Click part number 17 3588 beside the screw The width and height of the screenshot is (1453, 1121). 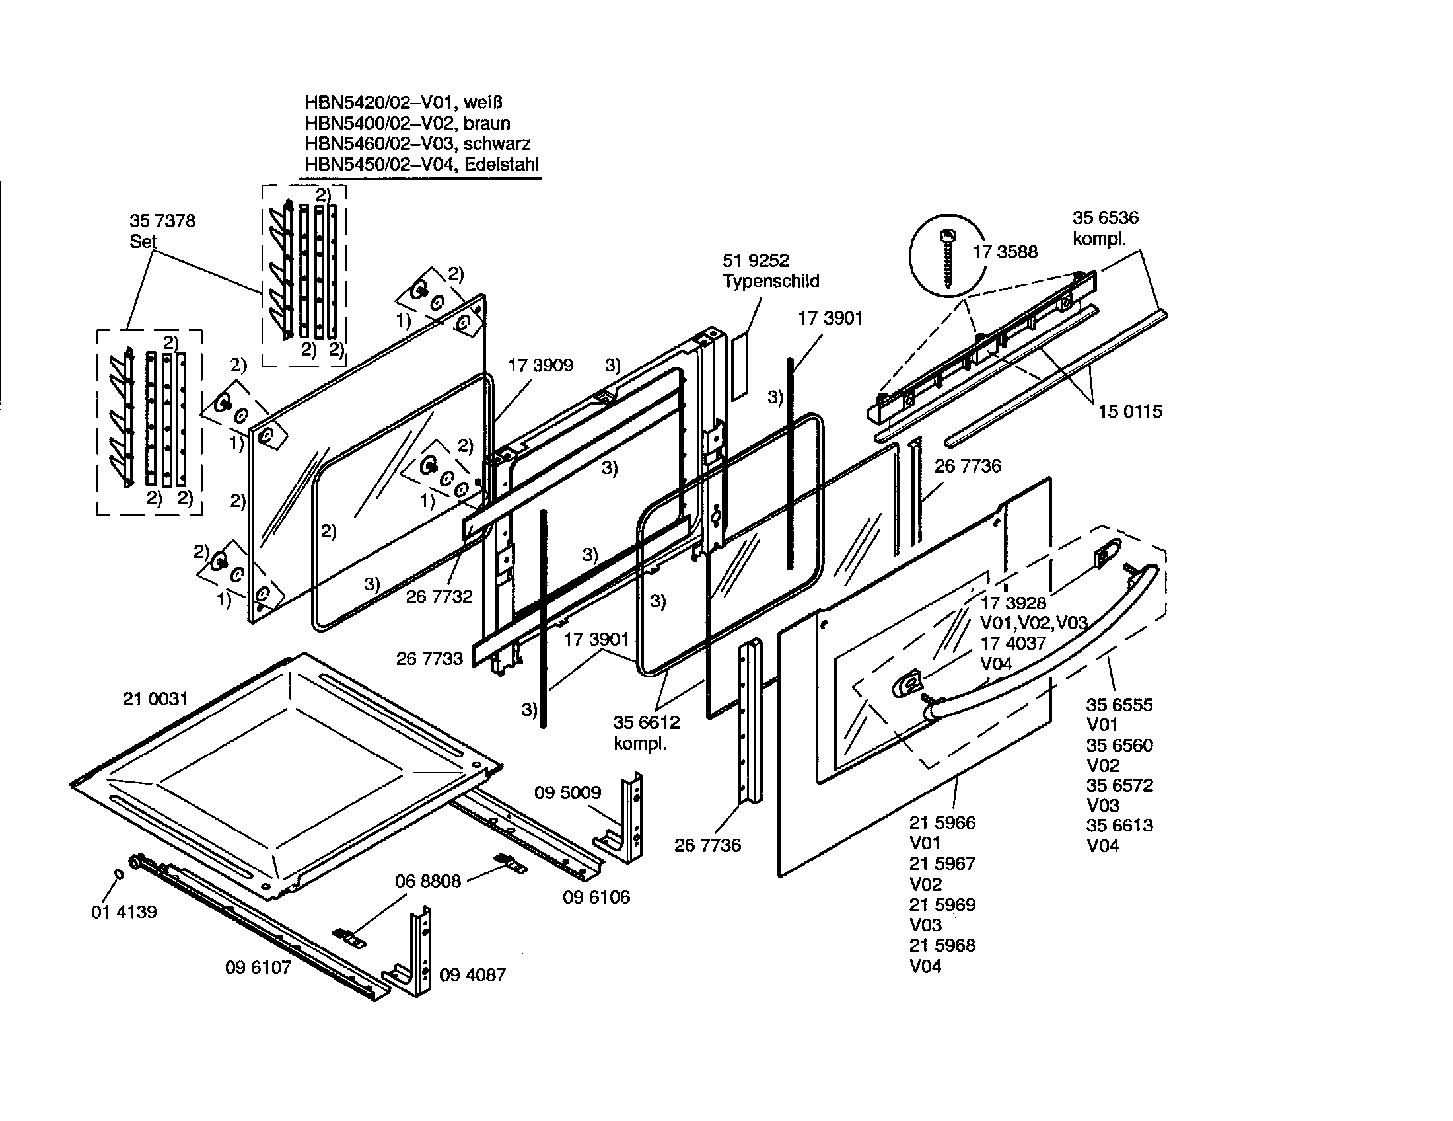click(x=1005, y=252)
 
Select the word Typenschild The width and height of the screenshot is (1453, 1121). click(x=770, y=281)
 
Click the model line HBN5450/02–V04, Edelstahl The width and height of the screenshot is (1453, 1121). click(x=421, y=164)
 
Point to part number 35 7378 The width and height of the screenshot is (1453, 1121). click(x=162, y=221)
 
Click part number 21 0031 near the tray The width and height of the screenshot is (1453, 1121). click(x=155, y=698)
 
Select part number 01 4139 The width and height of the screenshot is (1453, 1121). click(x=124, y=911)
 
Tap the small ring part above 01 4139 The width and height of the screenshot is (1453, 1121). click(x=119, y=874)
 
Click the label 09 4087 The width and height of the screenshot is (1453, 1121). click(x=472, y=974)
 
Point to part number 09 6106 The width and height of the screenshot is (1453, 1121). click(x=596, y=897)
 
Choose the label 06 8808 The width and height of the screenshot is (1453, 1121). click(x=428, y=881)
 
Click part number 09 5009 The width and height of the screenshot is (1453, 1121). click(x=567, y=792)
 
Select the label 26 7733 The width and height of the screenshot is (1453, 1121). click(x=429, y=658)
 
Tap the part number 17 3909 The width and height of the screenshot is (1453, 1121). click(x=540, y=365)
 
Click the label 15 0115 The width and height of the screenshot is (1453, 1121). click(x=1129, y=411)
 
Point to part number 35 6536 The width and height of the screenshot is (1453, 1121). click(x=1105, y=217)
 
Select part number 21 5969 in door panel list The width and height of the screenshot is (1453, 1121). click(x=942, y=905)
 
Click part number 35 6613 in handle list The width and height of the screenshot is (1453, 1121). click(x=1119, y=826)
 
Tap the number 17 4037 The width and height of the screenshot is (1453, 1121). click(x=1012, y=643)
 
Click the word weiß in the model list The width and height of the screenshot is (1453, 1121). click(x=483, y=102)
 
